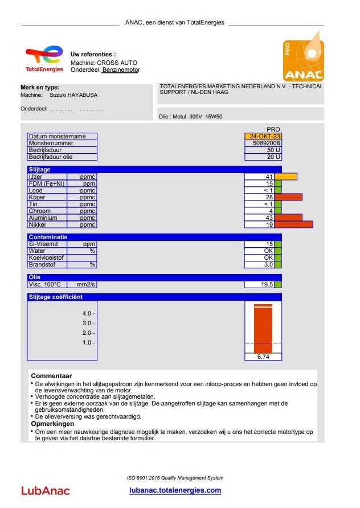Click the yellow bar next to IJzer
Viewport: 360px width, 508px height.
(x=285, y=177)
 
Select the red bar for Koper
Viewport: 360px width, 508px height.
(x=288, y=197)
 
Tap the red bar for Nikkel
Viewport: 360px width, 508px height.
(x=293, y=224)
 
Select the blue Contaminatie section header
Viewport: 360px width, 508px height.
(x=154, y=237)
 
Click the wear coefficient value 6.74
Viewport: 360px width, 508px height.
(x=263, y=357)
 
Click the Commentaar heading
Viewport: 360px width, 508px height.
(x=51, y=376)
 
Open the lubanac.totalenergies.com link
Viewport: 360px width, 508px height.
(x=175, y=490)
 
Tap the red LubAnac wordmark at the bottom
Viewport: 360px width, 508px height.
(x=46, y=490)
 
